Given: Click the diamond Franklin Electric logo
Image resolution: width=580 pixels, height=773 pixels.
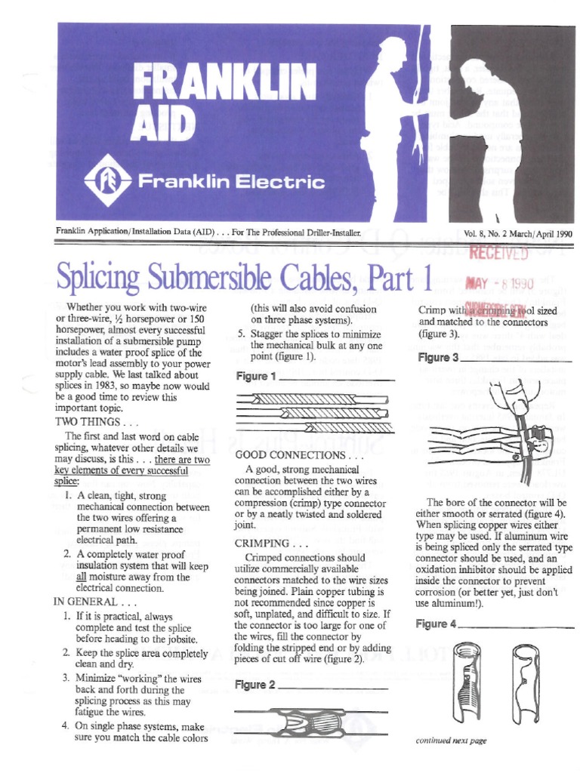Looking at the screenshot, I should (103, 182).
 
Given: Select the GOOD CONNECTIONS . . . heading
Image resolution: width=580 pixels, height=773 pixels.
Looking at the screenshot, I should (290, 455).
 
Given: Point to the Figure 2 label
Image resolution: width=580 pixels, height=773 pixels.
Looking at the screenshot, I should (256, 685).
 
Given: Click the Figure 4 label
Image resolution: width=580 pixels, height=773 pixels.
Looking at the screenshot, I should (437, 624).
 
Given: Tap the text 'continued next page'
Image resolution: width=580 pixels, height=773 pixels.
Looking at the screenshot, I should (451, 741).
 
